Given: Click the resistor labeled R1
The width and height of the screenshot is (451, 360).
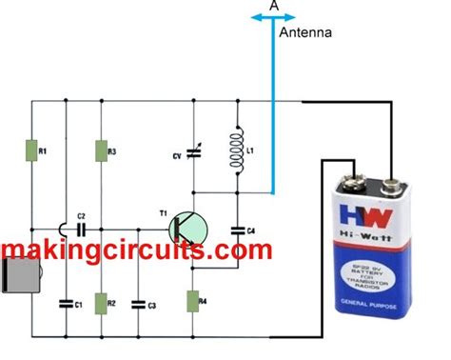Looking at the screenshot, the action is [x=30, y=151].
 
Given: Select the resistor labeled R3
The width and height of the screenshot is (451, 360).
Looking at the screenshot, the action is [x=99, y=151].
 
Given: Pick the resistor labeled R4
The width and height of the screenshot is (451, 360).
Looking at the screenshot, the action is [x=192, y=300].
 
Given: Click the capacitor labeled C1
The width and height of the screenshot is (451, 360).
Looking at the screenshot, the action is [x=65, y=304].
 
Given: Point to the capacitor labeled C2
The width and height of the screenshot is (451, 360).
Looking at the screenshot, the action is [x=82, y=229].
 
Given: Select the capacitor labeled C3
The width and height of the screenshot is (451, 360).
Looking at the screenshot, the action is [x=140, y=304].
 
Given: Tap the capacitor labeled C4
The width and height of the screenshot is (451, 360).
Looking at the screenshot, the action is [x=237, y=229].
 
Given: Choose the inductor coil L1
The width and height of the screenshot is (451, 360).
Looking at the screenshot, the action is [x=236, y=150].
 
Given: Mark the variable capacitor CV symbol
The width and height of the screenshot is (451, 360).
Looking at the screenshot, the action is [x=193, y=152].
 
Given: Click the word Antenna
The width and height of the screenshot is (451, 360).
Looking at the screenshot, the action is [x=305, y=33].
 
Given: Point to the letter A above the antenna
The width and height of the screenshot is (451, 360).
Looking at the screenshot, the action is [x=274, y=5].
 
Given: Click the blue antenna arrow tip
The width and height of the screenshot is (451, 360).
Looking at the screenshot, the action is [x=274, y=16].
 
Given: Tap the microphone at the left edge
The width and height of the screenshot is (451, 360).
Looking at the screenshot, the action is [x=17, y=276].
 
